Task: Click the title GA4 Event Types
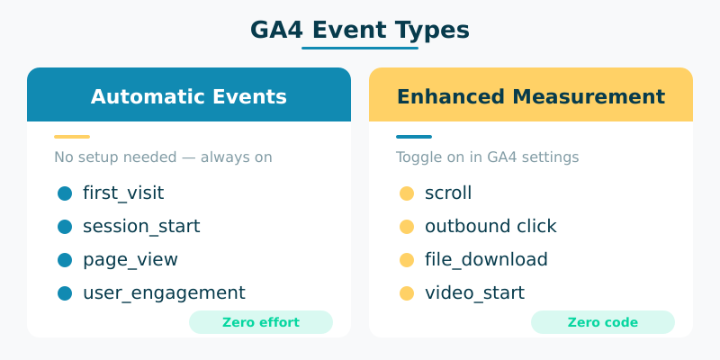(x=360, y=30)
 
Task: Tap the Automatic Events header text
(x=189, y=96)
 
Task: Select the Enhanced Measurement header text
(x=531, y=96)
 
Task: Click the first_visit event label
(x=123, y=193)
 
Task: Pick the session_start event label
(x=141, y=226)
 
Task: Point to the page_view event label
(x=130, y=259)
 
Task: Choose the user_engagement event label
(x=164, y=292)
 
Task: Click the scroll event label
(x=448, y=193)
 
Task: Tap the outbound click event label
(x=490, y=226)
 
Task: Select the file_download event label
(x=486, y=259)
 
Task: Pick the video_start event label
(x=474, y=292)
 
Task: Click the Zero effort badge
(x=261, y=322)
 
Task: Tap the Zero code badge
(x=603, y=322)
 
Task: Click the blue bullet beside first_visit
(x=65, y=193)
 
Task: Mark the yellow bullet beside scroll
(x=407, y=193)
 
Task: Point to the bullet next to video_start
(x=407, y=292)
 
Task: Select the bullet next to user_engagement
(x=65, y=292)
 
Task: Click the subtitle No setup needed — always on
(x=163, y=157)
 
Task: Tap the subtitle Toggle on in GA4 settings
(x=487, y=157)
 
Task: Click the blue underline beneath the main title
(x=360, y=48)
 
